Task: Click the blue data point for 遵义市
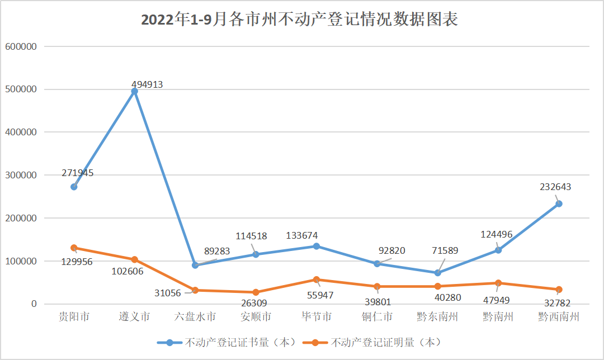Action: pyautogui.click(x=134, y=91)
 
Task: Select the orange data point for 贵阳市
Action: pyautogui.click(x=74, y=248)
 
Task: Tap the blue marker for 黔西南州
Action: pyautogui.click(x=559, y=203)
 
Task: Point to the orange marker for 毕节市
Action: pyautogui.click(x=317, y=280)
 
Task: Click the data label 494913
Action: pyautogui.click(x=147, y=85)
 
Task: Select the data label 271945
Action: pyautogui.click(x=78, y=173)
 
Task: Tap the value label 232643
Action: pyautogui.click(x=555, y=187)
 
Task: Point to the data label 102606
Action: pyautogui.click(x=128, y=272)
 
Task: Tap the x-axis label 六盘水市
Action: pyautogui.click(x=195, y=317)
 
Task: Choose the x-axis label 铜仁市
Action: pyautogui.click(x=377, y=317)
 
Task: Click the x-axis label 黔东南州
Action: pyautogui.click(x=437, y=317)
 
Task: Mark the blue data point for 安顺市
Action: pyautogui.click(x=256, y=254)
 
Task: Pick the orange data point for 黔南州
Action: pyautogui.click(x=498, y=283)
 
